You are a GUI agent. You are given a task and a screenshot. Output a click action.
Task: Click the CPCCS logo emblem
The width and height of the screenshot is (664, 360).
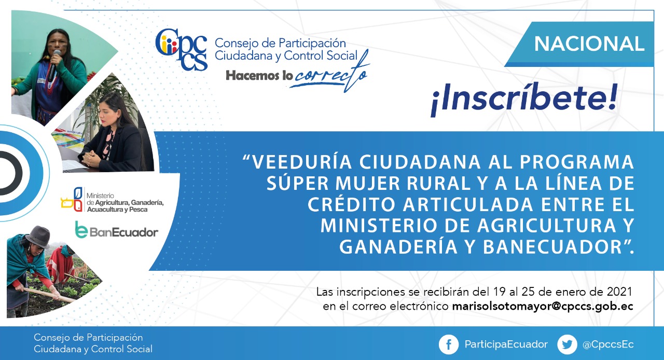pos(181,49)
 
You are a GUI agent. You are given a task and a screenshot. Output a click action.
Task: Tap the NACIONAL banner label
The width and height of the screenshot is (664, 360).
pos(589,44)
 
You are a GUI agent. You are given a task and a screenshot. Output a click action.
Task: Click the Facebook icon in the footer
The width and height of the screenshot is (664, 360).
pos(449,344)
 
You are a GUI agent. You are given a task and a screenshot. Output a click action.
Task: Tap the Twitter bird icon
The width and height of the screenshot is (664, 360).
pos(567,344)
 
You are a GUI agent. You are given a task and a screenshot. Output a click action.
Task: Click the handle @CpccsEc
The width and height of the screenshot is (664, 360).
pos(608,344)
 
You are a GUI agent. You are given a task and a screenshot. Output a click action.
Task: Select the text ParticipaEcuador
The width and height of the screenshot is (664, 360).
pos(506,344)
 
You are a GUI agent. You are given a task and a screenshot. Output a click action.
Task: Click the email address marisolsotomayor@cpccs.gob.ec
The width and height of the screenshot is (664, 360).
pos(543,307)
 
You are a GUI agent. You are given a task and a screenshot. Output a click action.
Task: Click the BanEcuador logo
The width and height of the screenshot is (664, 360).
pos(117,230)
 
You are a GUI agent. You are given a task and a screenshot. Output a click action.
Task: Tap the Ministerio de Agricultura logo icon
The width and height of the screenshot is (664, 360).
pos(72,199)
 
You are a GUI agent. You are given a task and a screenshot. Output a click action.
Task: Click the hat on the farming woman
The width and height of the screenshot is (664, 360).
pos(38,237)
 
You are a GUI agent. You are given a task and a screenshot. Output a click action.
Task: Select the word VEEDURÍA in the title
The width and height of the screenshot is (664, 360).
pos(302,162)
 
